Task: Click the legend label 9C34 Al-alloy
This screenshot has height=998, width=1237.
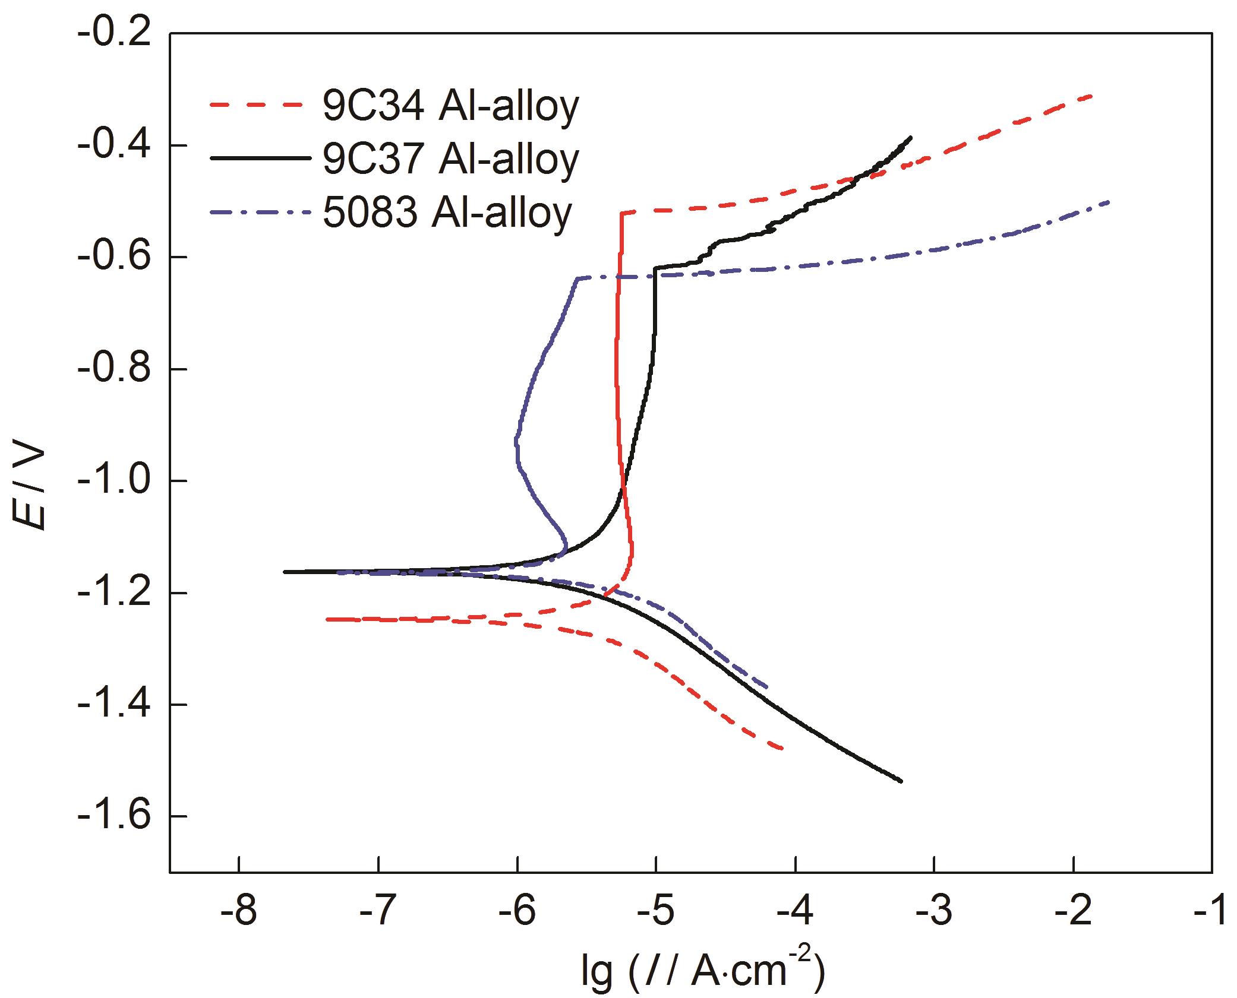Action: click(x=450, y=107)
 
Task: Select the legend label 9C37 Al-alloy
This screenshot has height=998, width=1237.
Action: click(x=450, y=159)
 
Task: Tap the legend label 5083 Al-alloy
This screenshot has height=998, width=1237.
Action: click(x=447, y=212)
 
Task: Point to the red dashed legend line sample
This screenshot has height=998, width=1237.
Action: click(x=260, y=105)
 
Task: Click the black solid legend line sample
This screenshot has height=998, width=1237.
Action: click(x=260, y=158)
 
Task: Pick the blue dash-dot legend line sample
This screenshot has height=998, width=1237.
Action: click(x=260, y=211)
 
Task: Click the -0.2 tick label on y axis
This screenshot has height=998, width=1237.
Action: click(x=112, y=34)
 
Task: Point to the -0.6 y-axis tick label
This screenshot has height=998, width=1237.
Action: click(x=112, y=257)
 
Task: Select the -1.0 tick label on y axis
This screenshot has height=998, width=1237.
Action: click(x=112, y=480)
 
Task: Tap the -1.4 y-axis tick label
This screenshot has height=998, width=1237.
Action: click(x=112, y=704)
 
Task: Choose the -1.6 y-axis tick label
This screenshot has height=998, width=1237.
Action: click(x=112, y=816)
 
